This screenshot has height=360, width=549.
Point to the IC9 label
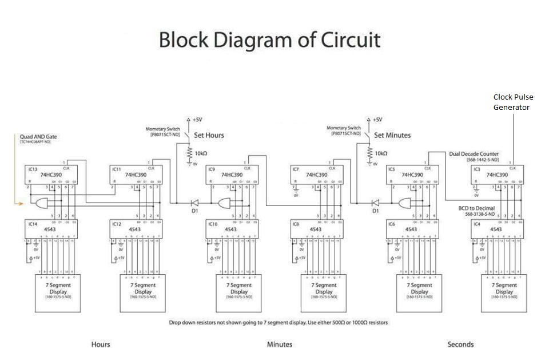tap(212, 169)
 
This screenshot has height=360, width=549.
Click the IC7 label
tap(296, 169)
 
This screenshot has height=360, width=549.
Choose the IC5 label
tap(392, 169)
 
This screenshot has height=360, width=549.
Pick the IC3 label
tap(476, 169)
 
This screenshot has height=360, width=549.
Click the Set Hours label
tap(208, 136)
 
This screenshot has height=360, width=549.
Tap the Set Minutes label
tap(392, 136)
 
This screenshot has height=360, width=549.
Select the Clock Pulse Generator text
tap(513, 102)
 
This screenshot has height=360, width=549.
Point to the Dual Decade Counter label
tap(474, 154)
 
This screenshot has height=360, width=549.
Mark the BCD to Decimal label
tap(478, 208)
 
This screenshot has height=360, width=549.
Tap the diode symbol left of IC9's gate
tap(194, 203)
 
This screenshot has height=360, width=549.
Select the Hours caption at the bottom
tap(101, 345)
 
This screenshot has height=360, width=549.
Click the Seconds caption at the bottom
tap(460, 345)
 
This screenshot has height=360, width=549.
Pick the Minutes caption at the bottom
tap(280, 345)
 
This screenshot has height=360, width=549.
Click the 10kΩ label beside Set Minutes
tap(380, 153)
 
